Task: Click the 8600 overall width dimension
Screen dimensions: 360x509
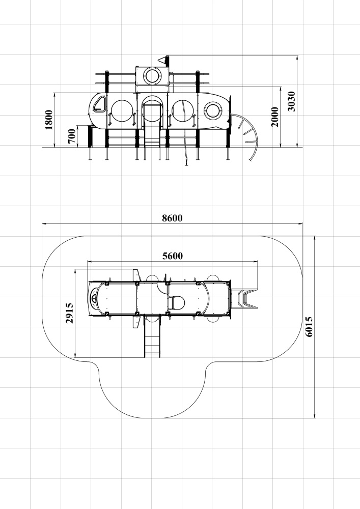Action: (172, 218)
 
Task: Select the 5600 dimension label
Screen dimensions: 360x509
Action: (173, 256)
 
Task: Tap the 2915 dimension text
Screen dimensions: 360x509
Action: (69, 313)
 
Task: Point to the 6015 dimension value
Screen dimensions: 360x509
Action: (309, 327)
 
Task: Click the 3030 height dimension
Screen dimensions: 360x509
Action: (291, 101)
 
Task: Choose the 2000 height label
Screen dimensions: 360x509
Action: (274, 117)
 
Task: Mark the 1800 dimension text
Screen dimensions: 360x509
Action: (49, 120)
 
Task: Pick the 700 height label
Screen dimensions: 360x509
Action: (72, 136)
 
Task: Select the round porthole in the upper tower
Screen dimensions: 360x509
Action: (152, 75)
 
